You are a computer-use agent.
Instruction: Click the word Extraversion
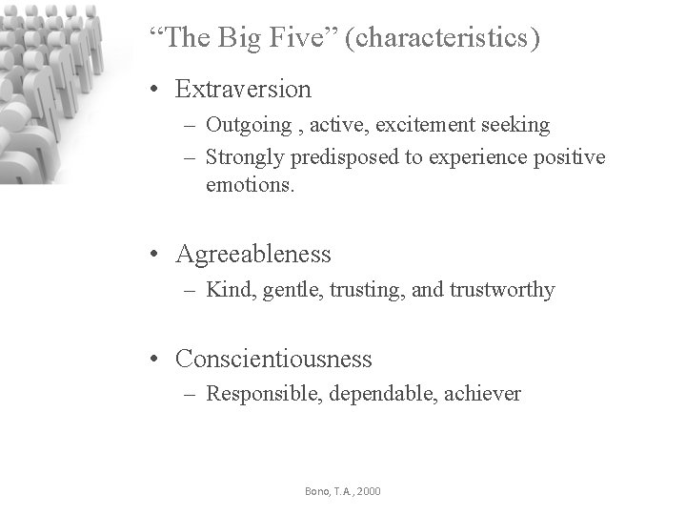pyautogui.click(x=243, y=90)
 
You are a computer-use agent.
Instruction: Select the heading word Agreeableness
pyautogui.click(x=253, y=255)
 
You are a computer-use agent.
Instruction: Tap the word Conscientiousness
pyautogui.click(x=273, y=360)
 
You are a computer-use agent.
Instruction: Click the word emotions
pyautogui.click(x=251, y=185)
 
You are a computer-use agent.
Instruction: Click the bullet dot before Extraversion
pyautogui.click(x=153, y=91)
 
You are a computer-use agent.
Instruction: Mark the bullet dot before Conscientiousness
pyautogui.click(x=153, y=360)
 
